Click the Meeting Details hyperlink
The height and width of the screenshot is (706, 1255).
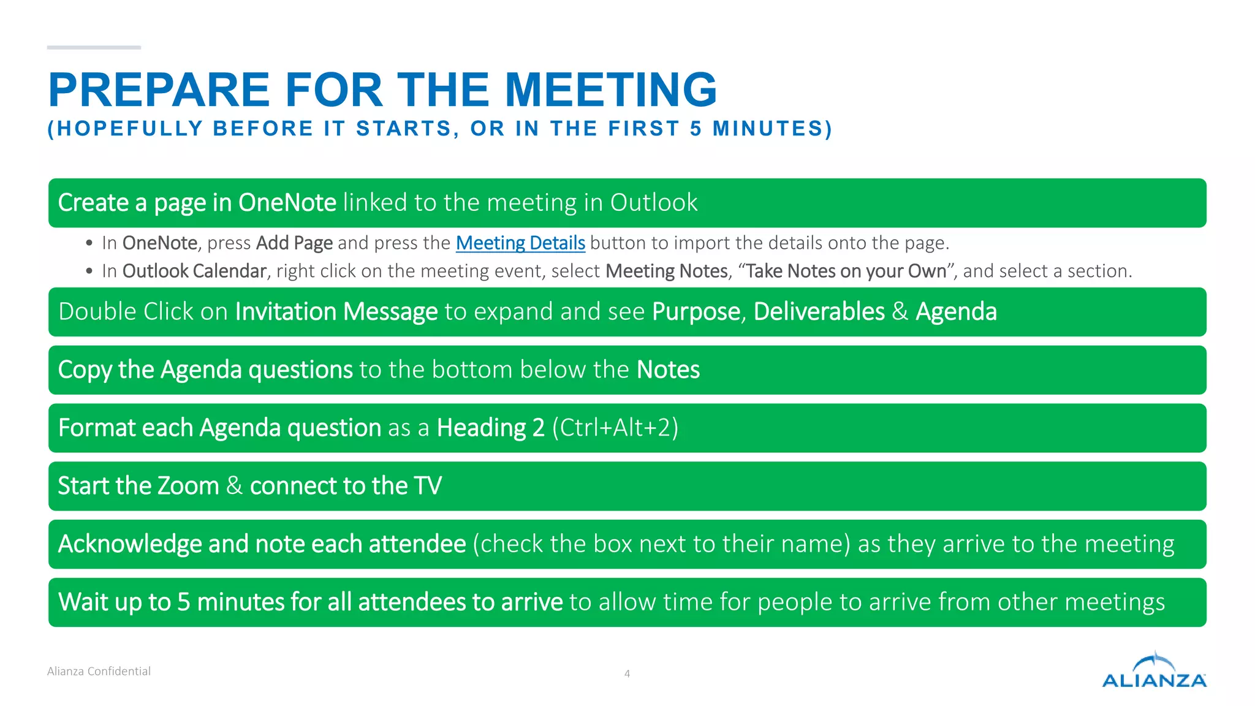(x=520, y=243)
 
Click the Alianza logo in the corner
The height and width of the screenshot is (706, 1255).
(x=1154, y=671)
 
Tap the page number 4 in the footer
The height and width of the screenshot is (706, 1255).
(x=627, y=674)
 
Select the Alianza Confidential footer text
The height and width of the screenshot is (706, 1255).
(x=99, y=671)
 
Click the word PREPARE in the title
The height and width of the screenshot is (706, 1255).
(x=159, y=90)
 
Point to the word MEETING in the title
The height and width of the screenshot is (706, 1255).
(x=610, y=90)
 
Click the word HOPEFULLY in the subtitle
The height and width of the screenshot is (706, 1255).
(x=130, y=129)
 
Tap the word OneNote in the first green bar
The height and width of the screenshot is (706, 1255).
(x=287, y=203)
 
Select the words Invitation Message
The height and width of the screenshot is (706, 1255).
(x=336, y=312)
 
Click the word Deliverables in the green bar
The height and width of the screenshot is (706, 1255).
(x=819, y=312)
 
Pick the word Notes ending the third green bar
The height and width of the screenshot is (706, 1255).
(x=668, y=370)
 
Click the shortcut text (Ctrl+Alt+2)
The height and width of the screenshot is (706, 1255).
(x=615, y=428)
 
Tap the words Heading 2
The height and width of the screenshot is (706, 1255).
(x=490, y=428)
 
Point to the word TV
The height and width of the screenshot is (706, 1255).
(x=428, y=486)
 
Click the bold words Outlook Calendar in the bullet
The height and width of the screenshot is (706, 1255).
(x=194, y=271)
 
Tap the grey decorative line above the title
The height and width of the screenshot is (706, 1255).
(x=94, y=47)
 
